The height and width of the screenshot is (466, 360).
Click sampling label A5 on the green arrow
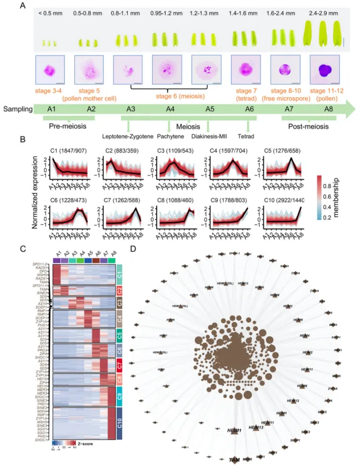pyautogui.click(x=209, y=109)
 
